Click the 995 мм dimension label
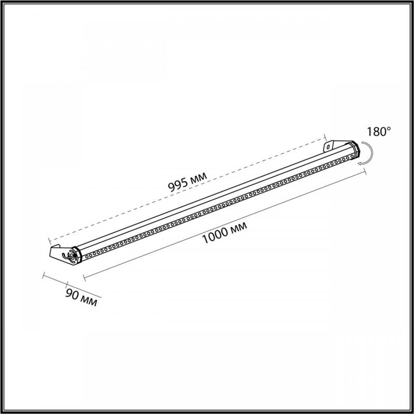187,181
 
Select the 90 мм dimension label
81,298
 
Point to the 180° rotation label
378,131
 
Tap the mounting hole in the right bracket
328,147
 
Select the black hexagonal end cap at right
354,149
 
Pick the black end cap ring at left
77,254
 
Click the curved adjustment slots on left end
69,257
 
